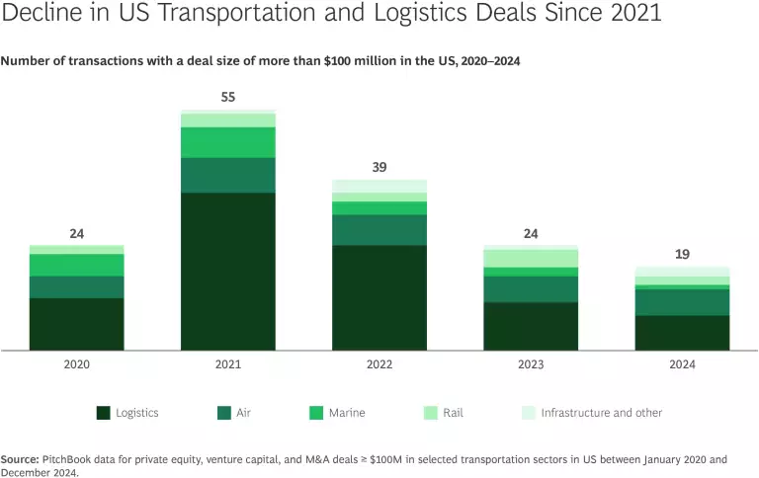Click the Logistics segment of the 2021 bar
(227, 272)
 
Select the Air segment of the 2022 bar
(379, 230)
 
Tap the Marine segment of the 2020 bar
(76, 265)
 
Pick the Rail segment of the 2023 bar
(531, 258)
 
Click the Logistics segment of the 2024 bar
(682, 333)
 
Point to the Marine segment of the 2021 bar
(227, 142)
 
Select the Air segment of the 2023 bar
(531, 288)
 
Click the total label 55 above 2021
(228, 99)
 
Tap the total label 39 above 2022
(379, 167)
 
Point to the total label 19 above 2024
(682, 254)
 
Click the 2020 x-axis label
(76, 364)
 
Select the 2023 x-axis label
(531, 364)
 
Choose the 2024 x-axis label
(682, 364)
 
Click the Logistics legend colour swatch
(103, 413)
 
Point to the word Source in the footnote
(19, 459)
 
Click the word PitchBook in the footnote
(67, 459)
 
